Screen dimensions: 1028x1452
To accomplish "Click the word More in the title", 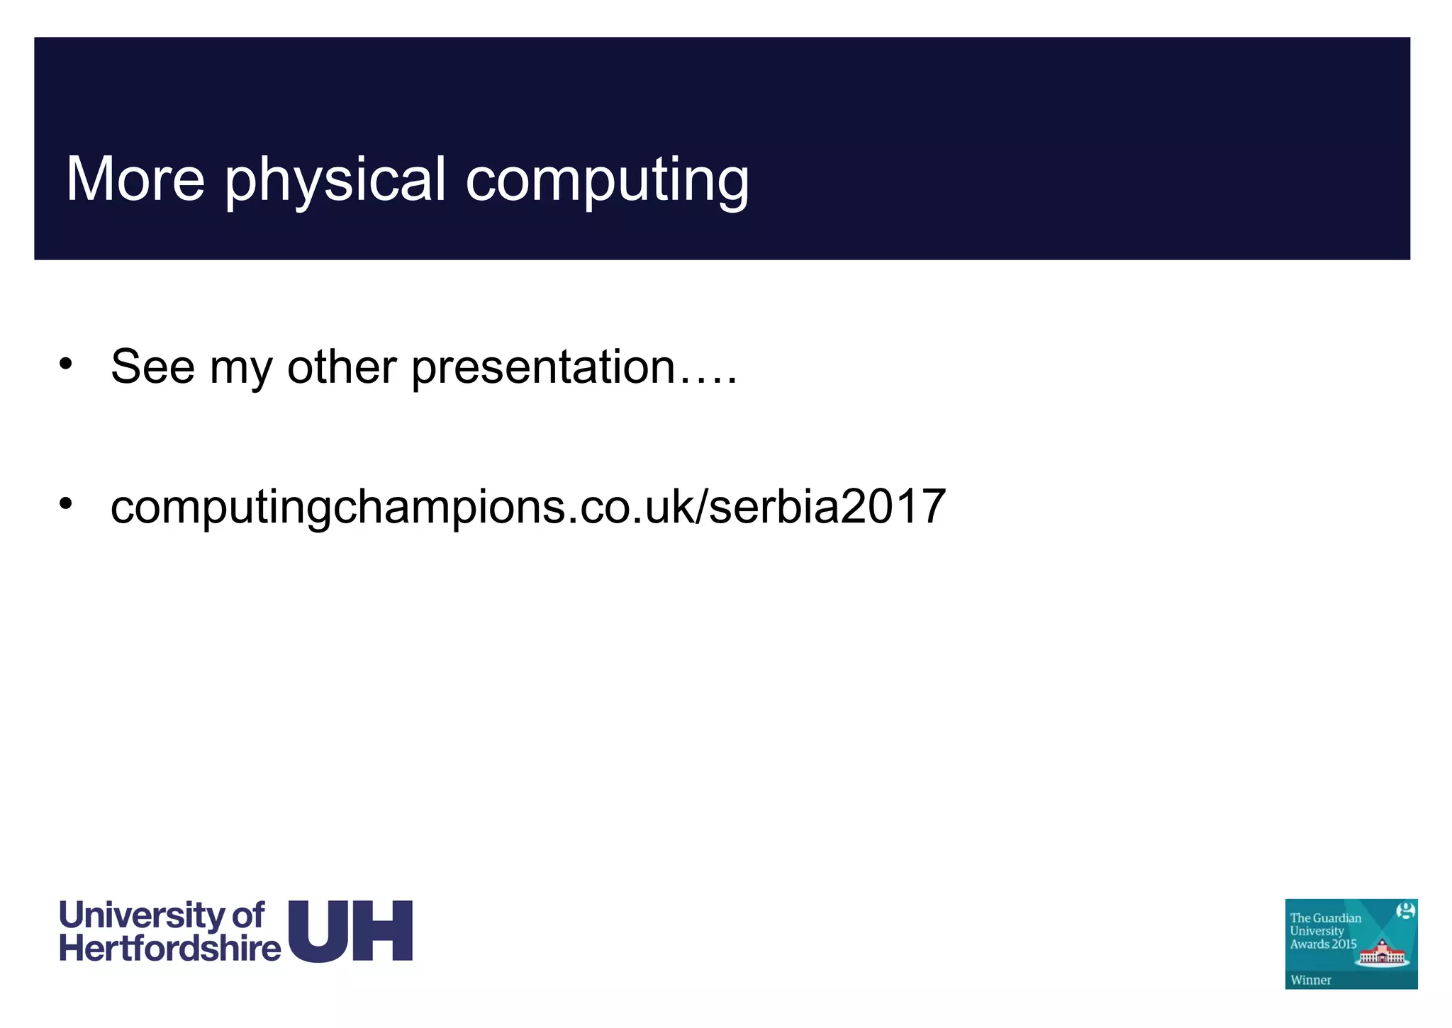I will click(x=135, y=179).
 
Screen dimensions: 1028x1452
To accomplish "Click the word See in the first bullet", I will click(x=152, y=367).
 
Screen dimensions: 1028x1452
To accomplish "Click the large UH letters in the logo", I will click(x=351, y=931).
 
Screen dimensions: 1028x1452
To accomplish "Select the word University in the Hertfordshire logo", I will click(x=142, y=917).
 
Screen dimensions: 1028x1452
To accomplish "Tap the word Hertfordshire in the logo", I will click(x=170, y=949).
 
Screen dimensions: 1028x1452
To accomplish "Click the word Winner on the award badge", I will click(x=1311, y=980).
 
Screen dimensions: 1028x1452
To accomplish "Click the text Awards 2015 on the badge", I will click(x=1323, y=944).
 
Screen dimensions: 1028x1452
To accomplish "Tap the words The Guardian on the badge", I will click(x=1326, y=918).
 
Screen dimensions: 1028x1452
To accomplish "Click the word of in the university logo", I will click(x=248, y=916).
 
